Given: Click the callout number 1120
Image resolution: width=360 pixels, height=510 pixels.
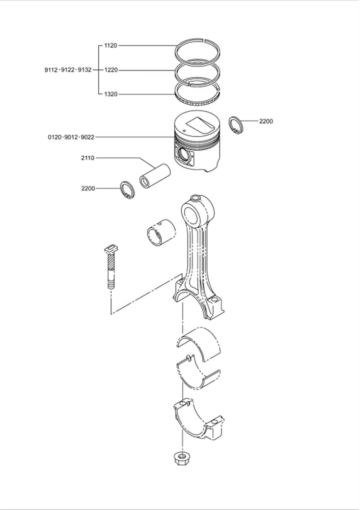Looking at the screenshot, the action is point(111,46).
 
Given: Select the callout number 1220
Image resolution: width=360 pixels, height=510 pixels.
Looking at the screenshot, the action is point(111,70).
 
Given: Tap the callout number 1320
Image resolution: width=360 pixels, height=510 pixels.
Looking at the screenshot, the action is point(111,94).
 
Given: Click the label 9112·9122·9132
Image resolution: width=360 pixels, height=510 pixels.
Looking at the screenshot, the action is point(68,70).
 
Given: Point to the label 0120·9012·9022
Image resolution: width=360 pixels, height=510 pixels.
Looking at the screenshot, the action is point(71,137).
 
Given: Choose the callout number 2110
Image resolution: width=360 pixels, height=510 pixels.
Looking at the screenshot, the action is point(88,158).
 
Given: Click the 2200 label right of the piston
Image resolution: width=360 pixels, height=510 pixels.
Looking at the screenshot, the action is point(266,121).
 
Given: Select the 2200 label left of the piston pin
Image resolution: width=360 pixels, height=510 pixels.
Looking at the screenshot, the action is point(88,189).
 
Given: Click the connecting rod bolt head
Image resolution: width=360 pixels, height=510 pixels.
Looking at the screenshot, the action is point(112,250).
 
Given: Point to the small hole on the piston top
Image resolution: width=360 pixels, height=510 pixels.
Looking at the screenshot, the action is point(184,131).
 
